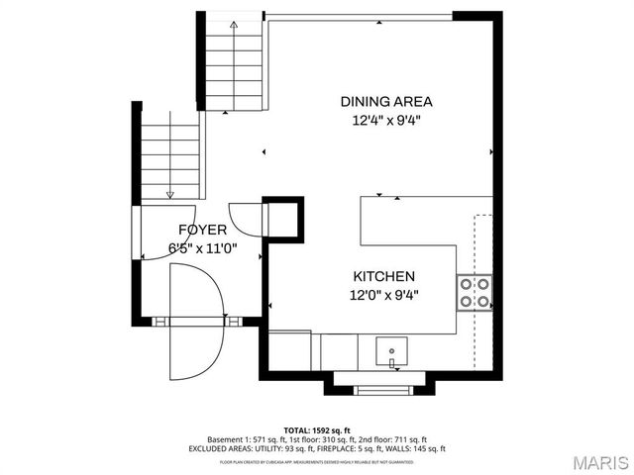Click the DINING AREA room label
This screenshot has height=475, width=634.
(386, 101)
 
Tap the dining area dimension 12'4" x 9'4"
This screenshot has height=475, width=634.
(386, 121)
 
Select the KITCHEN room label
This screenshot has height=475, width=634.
(383, 276)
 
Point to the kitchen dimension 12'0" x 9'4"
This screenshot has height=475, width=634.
(383, 294)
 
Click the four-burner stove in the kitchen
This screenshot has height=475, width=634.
(475, 291)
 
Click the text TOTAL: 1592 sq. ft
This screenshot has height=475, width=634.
(317, 428)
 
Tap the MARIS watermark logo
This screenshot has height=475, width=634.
(595, 461)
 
